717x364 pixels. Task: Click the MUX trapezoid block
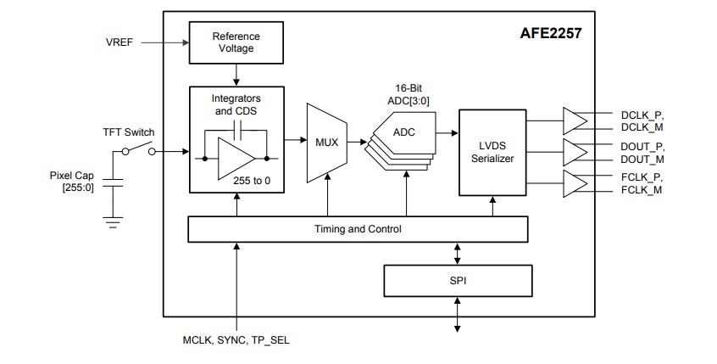click(326, 142)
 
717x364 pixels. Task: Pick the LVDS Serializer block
click(492, 152)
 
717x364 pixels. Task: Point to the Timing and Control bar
click(357, 228)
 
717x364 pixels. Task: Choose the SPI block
click(459, 278)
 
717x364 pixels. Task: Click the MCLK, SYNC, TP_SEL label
click(229, 340)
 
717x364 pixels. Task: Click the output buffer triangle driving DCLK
click(575, 120)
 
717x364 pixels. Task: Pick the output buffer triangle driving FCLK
click(575, 182)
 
